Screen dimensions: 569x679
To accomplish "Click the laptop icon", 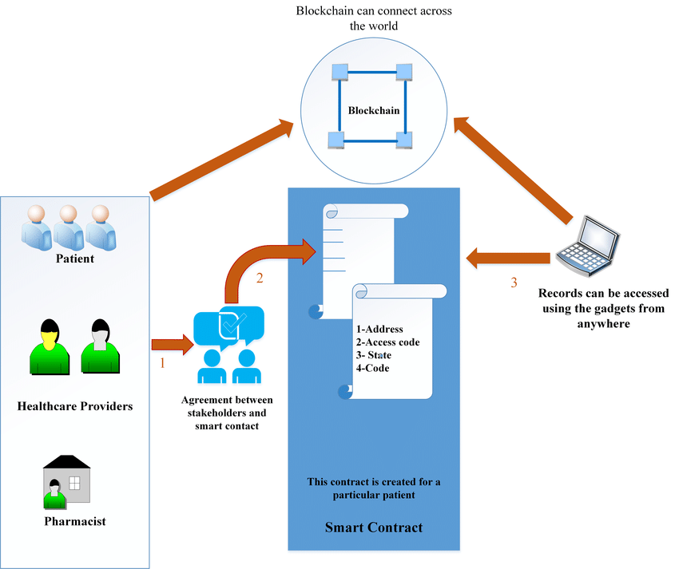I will (587, 244).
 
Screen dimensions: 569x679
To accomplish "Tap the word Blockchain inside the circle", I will (374, 111).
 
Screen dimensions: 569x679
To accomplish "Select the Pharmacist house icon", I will (66, 481).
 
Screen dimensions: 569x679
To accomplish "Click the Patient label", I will (74, 259).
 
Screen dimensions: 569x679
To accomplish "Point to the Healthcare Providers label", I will (74, 406).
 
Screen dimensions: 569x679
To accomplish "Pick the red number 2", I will (259, 279).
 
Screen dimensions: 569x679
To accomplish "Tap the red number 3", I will (514, 282).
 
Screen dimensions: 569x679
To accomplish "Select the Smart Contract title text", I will (373, 528).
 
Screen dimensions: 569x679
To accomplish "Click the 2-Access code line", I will (388, 342).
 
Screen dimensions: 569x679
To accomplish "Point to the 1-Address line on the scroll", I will (379, 329).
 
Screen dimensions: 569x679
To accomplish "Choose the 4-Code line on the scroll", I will (373, 368).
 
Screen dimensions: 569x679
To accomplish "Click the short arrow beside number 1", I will (173, 345).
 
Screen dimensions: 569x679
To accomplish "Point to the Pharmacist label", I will (75, 522).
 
